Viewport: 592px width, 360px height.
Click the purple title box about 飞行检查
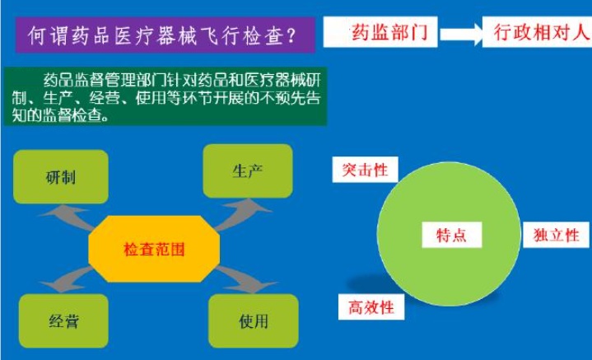tap(165, 35)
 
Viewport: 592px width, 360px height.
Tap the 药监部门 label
tap(380, 32)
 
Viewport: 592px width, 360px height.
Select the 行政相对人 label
tap(538, 32)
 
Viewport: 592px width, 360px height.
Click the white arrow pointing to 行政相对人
tap(461, 34)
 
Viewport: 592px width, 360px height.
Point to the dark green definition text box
tap(165, 96)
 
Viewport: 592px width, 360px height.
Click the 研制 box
tap(61, 177)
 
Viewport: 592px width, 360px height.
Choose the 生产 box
tap(248, 171)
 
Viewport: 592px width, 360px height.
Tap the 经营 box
tap(63, 321)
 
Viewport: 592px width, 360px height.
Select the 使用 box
tap(254, 321)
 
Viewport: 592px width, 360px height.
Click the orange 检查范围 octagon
tap(154, 249)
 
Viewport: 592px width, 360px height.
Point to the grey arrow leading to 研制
tap(68, 217)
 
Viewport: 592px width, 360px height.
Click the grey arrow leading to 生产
tap(241, 214)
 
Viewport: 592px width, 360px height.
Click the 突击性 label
tap(365, 170)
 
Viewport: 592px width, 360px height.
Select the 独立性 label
tap(556, 235)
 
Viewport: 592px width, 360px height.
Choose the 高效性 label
tap(371, 307)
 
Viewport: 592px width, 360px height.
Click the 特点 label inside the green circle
tap(451, 235)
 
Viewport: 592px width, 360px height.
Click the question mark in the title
tap(291, 36)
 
